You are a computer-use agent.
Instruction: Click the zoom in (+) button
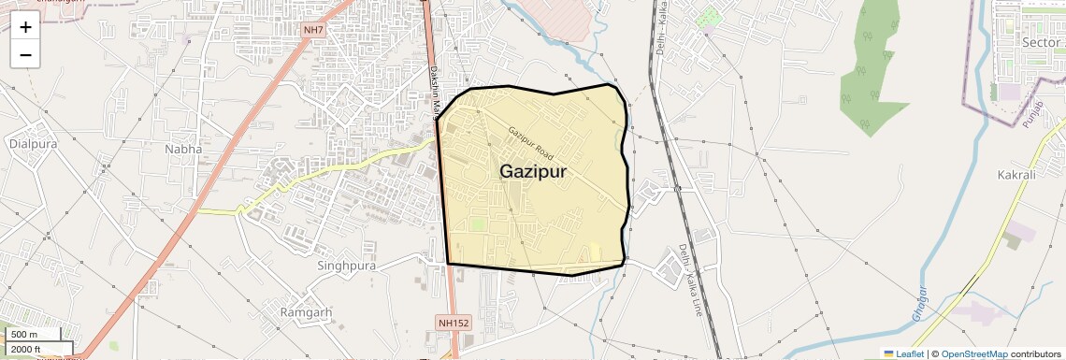coord(25,27)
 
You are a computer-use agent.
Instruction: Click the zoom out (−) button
coord(25,54)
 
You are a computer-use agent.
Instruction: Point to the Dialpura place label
coord(33,144)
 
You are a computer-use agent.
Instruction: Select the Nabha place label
coord(182,149)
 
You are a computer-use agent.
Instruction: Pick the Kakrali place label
coord(1016,175)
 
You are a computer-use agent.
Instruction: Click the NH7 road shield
coord(314,30)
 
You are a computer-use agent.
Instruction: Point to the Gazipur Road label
coord(531,141)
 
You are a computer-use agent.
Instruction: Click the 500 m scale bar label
coord(24,335)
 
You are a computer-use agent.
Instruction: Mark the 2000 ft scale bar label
coord(26,350)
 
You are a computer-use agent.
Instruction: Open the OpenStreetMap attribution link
coord(973,353)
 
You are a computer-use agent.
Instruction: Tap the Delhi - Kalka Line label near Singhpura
coord(689,280)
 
